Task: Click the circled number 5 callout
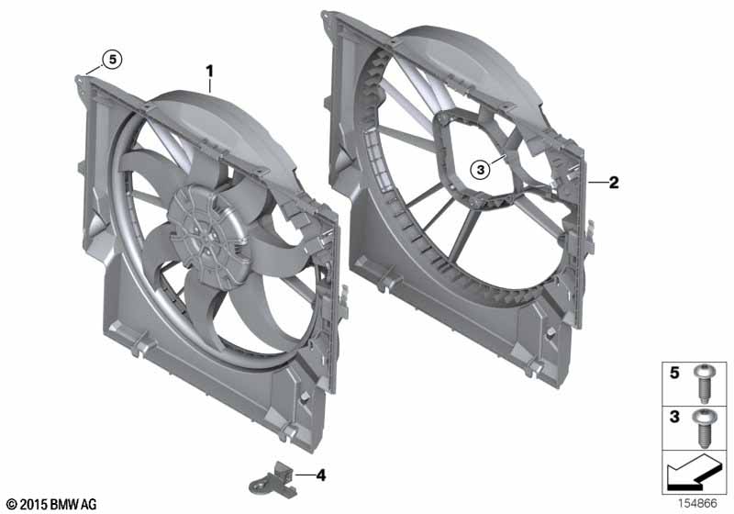click(111, 60)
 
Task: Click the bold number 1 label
click(210, 71)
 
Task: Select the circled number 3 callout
click(482, 168)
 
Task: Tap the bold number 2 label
click(614, 183)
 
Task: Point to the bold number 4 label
click(321, 475)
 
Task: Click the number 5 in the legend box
click(674, 374)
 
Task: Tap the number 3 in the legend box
click(674, 417)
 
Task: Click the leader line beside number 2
click(595, 184)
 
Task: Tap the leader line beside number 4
click(302, 476)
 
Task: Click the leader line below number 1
click(210, 85)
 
